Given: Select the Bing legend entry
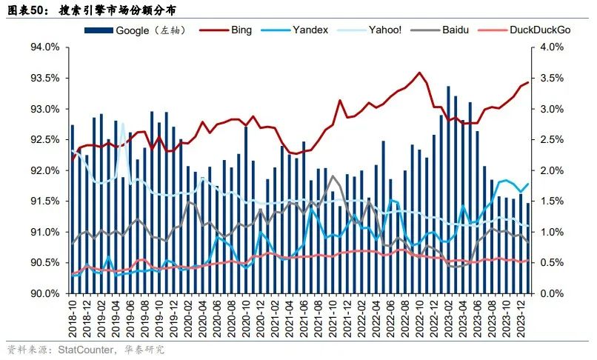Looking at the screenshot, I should [241, 30].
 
